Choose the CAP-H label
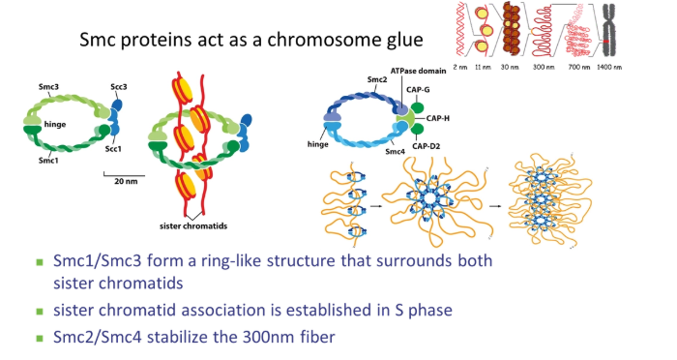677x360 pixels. (x=454, y=117)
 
